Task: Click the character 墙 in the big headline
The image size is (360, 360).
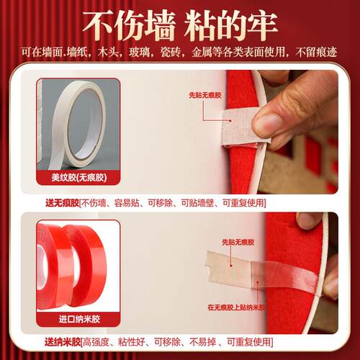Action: click(158, 26)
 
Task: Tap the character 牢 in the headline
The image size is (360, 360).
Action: click(261, 26)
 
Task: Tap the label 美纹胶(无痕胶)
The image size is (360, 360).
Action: click(78, 178)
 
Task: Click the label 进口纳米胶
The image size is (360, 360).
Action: click(79, 319)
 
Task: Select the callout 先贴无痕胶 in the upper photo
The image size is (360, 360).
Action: click(205, 95)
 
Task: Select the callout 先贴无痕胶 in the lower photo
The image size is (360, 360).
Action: click(238, 242)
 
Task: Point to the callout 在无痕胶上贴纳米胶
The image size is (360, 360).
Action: click(236, 307)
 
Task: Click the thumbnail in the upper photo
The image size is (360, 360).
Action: click(266, 122)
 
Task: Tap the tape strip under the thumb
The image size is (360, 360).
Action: click(243, 127)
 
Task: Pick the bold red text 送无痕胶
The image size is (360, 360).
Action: click(62, 203)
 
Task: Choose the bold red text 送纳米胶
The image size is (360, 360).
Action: click(63, 342)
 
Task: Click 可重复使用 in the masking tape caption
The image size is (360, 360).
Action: click(243, 203)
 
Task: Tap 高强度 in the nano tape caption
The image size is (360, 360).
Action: click(96, 342)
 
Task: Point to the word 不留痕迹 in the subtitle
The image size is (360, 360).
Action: click(316, 53)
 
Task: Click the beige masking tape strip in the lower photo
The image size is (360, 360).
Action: click(228, 268)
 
